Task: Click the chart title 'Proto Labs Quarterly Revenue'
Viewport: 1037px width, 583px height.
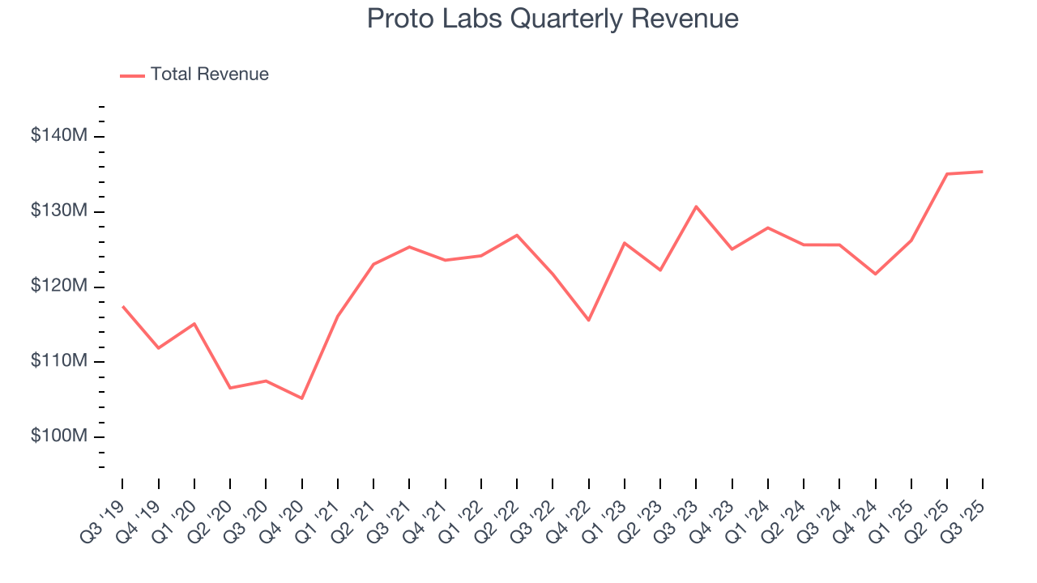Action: [x=552, y=19]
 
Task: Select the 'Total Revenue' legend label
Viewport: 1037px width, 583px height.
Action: [x=209, y=74]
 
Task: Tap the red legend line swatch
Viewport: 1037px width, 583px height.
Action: [x=132, y=75]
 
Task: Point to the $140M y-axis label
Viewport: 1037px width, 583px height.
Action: [x=59, y=136]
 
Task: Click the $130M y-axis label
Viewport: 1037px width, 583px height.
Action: [x=59, y=211]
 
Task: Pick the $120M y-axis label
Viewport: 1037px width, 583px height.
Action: [x=59, y=287]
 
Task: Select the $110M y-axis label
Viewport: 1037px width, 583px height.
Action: [x=59, y=361]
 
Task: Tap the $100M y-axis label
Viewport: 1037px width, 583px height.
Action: [x=59, y=436]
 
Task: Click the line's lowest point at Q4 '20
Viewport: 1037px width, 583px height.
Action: [x=301, y=398]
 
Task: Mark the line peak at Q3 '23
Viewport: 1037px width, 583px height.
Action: [x=696, y=206]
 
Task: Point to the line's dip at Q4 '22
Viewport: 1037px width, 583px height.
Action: [x=588, y=320]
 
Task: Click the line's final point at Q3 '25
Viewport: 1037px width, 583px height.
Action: [x=983, y=172]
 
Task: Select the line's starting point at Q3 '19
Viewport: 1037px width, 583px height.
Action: [x=122, y=306]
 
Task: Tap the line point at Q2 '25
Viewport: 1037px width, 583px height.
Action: [x=947, y=174]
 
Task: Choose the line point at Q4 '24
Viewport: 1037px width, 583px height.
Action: [x=875, y=274]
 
